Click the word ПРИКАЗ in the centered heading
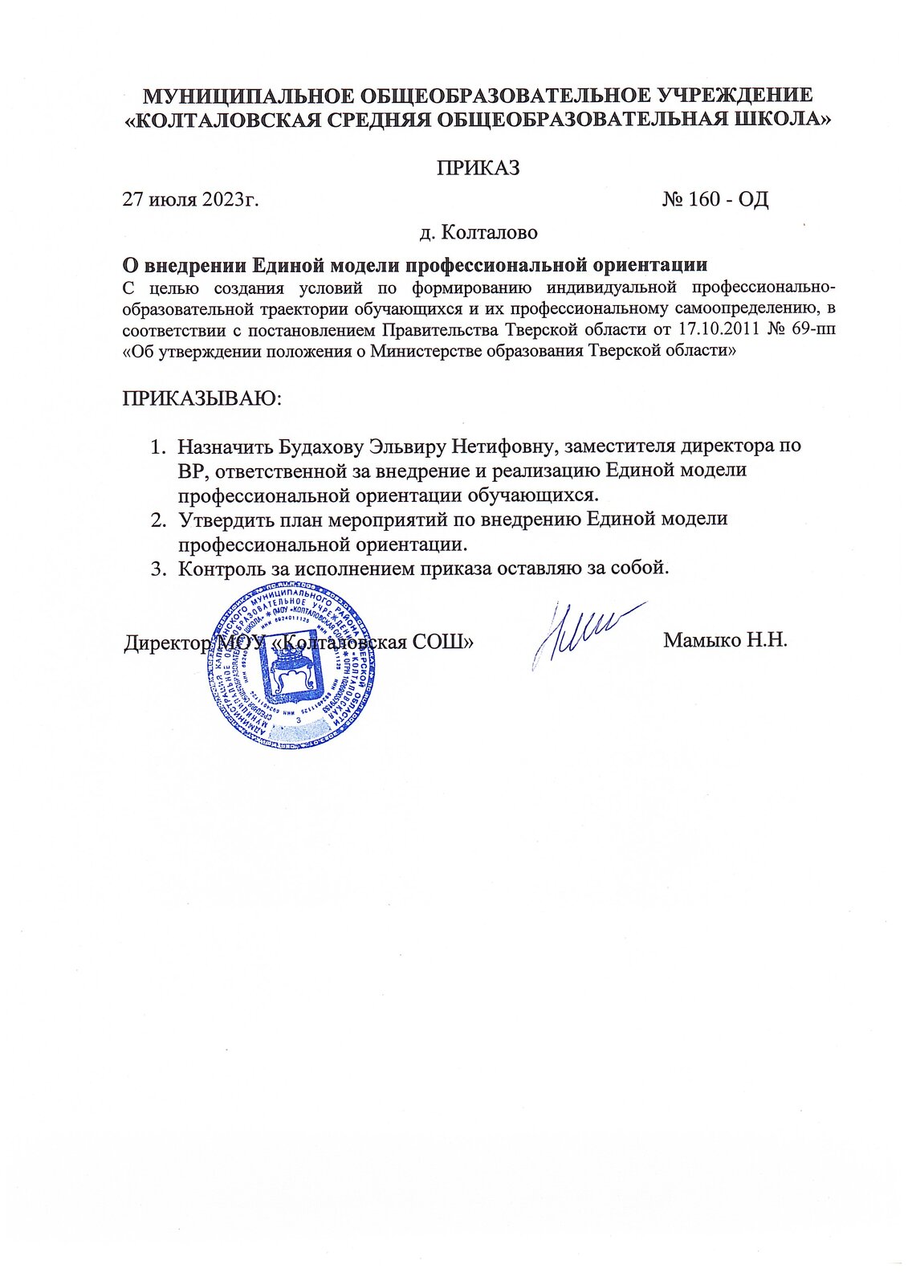point(478,168)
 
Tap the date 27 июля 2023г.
point(190,199)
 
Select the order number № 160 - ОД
point(715,199)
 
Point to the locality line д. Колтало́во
point(478,233)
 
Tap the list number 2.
point(158,520)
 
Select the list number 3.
point(158,569)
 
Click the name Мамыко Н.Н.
point(726,640)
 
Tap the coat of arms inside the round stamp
point(294,674)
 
